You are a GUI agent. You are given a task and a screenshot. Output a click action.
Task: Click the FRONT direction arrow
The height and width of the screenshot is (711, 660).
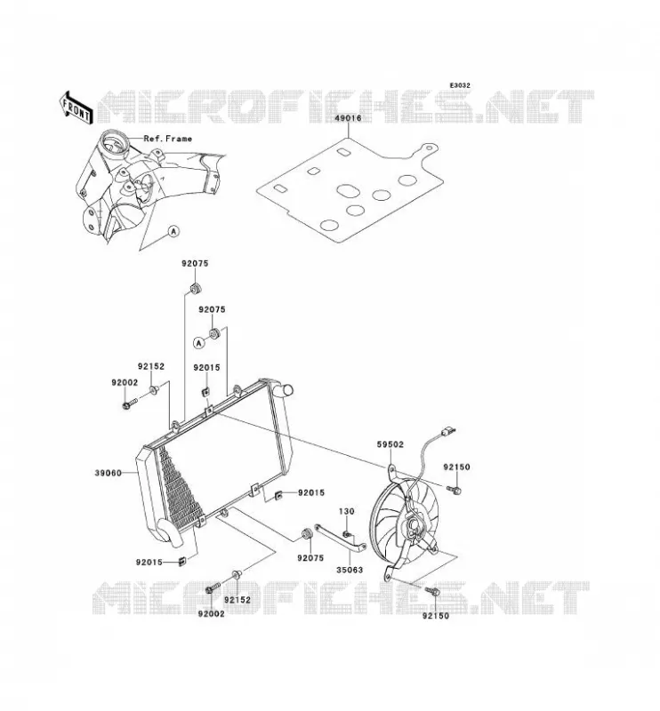[x=76, y=108]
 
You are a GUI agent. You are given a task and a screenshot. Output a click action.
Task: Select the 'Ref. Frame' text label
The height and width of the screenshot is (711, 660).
[x=167, y=139]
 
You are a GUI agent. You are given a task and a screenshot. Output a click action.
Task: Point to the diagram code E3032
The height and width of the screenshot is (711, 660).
[x=460, y=85]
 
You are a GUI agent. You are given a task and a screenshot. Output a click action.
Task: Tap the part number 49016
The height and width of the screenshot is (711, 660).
[x=348, y=118]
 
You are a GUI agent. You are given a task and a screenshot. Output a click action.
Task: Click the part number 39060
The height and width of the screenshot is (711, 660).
[x=108, y=473]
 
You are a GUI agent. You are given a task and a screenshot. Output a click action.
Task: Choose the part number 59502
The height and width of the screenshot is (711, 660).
[x=390, y=444]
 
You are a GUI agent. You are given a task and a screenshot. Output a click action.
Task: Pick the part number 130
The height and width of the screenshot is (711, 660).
[x=346, y=511]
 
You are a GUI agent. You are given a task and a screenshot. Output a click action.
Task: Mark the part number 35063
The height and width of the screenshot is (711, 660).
[x=350, y=570]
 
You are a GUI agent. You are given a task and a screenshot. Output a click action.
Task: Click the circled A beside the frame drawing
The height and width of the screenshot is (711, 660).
[x=173, y=231]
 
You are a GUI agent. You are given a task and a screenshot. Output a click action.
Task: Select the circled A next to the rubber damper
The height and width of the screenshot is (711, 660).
[x=199, y=343]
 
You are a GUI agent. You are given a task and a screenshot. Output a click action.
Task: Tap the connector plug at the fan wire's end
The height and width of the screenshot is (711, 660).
[x=448, y=431]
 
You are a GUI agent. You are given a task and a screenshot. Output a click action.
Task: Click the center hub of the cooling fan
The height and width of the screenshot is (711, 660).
[x=415, y=526]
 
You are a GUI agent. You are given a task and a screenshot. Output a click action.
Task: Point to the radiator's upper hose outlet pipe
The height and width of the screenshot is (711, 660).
[x=285, y=389]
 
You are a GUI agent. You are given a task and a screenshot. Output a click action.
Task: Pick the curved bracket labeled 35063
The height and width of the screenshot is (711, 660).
[x=340, y=538]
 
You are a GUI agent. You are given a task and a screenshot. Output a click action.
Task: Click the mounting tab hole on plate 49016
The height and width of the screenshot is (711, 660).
[x=427, y=148]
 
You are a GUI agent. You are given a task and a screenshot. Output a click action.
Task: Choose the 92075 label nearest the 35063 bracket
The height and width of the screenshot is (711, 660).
[x=310, y=558]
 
